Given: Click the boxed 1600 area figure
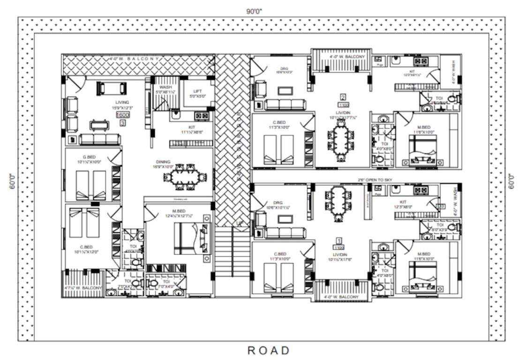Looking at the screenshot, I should click(x=122, y=115).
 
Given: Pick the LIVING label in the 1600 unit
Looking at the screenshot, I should click(x=122, y=102).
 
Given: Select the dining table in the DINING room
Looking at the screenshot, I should click(x=185, y=177).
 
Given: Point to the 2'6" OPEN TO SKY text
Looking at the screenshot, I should click(x=375, y=180).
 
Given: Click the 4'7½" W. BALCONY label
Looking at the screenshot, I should click(x=83, y=287).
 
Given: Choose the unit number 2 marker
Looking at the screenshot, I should click(x=343, y=97).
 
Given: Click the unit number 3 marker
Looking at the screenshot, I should click(x=122, y=123).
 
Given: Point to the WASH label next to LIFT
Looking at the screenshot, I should click(x=165, y=87).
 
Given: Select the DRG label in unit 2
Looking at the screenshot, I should click(x=284, y=68).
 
